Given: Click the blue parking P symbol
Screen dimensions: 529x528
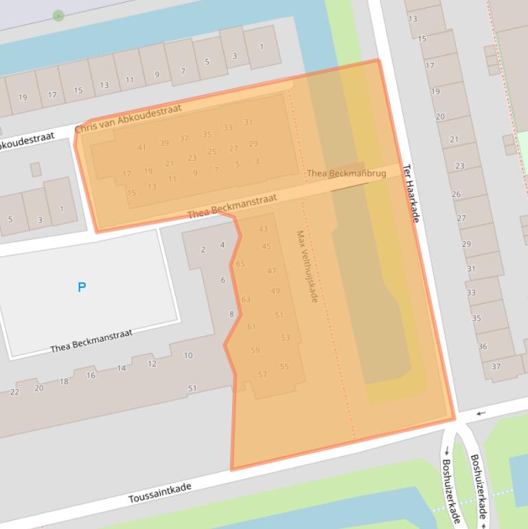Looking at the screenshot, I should click(x=82, y=287).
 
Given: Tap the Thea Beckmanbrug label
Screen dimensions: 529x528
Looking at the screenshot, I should click(x=346, y=174).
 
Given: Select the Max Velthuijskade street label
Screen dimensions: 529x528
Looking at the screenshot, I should click(x=306, y=267).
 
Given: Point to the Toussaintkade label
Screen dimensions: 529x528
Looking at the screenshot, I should click(x=159, y=493).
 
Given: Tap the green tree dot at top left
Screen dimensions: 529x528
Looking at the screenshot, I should click(x=58, y=15).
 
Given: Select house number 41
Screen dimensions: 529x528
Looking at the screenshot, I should click(x=141, y=148).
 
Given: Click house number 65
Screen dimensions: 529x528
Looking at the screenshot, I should click(x=240, y=264).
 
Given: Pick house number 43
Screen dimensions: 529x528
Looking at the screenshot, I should click(x=263, y=229).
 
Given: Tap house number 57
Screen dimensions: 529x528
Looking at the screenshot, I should click(x=262, y=374).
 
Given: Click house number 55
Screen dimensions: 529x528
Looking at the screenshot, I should click(x=284, y=367).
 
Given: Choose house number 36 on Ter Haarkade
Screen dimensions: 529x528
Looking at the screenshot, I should click(x=483, y=347).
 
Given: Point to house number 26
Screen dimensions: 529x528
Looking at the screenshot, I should click(x=456, y=194).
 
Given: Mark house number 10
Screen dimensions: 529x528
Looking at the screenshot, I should click(x=188, y=356).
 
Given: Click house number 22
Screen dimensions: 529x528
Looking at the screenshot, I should click(x=15, y=392).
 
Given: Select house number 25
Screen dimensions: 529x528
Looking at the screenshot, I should click(x=211, y=152).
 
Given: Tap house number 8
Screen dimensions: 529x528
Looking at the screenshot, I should click(x=231, y=315).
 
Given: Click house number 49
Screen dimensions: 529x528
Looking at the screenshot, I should click(x=275, y=291).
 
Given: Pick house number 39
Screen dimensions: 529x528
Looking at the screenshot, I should click(x=164, y=143).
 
